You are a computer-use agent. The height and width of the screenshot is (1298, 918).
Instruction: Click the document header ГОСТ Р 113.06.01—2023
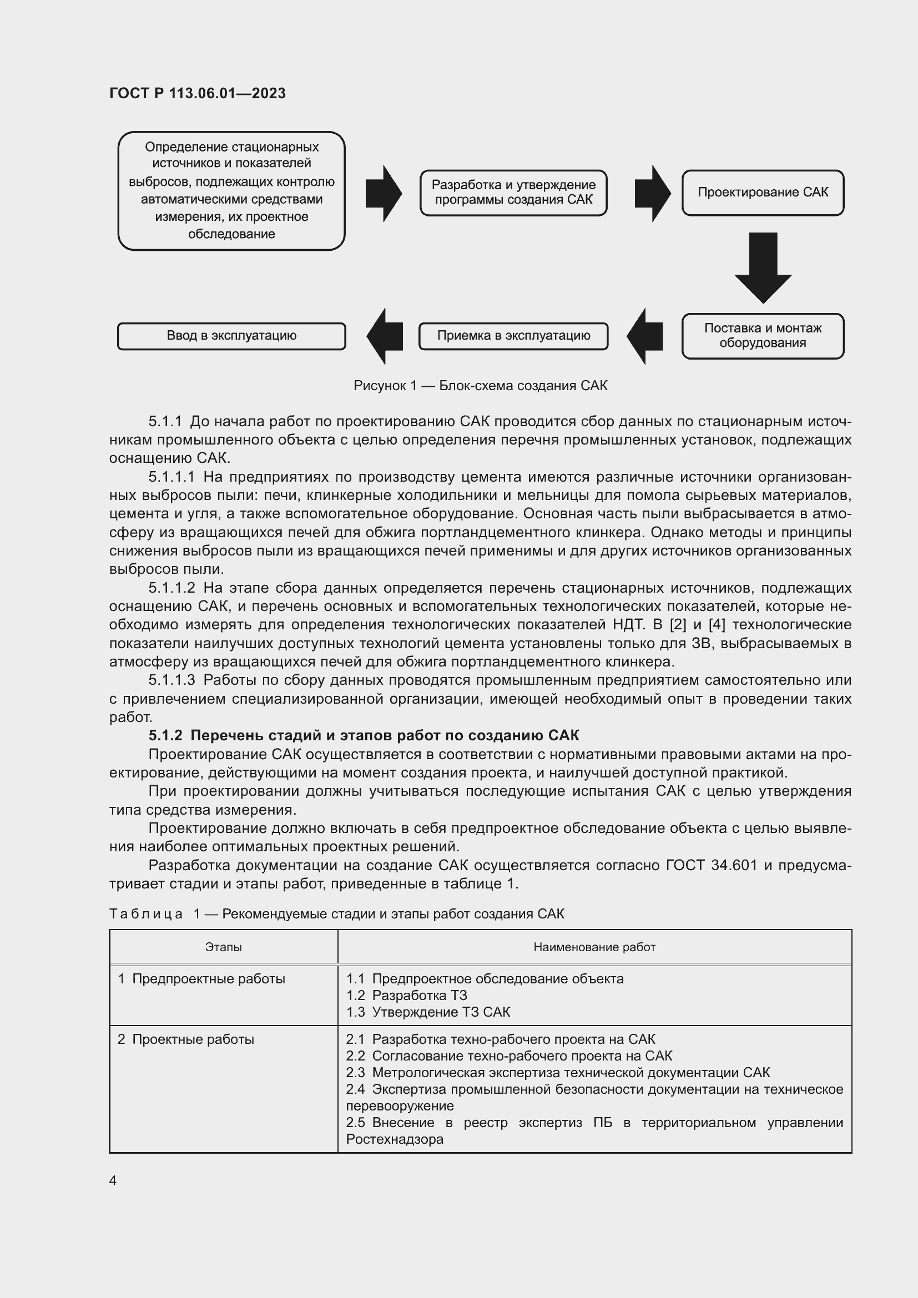[x=197, y=93]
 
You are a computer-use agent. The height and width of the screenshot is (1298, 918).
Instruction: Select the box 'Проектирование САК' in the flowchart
[x=762, y=193]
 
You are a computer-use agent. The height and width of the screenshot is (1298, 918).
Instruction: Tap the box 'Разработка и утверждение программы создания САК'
[x=513, y=193]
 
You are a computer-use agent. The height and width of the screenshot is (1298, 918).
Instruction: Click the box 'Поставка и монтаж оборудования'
[x=762, y=336]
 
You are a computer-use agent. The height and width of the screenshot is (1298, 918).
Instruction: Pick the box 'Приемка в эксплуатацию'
[x=513, y=336]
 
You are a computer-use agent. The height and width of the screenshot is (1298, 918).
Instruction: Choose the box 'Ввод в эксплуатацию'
[x=231, y=336]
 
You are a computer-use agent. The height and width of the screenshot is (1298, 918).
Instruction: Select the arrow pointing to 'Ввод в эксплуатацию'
[x=385, y=336]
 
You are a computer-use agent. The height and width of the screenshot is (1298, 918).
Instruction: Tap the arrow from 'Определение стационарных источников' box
[x=384, y=193]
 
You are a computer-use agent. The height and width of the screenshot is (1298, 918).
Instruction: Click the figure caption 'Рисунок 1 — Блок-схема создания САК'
[x=480, y=386]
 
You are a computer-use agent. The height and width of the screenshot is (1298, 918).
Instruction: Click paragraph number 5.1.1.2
[x=172, y=588]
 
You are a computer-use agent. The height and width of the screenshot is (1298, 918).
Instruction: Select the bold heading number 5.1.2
[x=165, y=735]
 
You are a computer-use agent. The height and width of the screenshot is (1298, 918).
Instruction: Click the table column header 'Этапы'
[x=223, y=947]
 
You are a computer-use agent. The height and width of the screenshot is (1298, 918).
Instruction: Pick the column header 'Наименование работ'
[x=594, y=947]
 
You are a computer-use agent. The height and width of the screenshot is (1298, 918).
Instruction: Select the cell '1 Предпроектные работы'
[x=201, y=979]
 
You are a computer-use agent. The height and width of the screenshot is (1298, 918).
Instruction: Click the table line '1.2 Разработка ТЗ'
[x=406, y=996]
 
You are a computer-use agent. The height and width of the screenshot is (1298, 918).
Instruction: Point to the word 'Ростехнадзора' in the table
[x=395, y=1139]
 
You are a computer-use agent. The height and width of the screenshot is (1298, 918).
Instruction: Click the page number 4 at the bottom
[x=113, y=1181]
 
